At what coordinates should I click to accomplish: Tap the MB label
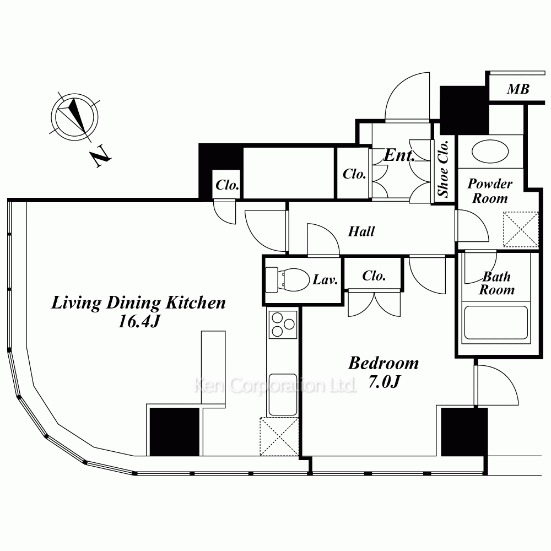pos(518,89)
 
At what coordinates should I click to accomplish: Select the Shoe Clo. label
pos(443,168)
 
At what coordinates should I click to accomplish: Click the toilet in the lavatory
pos(287,280)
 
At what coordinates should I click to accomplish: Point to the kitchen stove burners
pos(283,325)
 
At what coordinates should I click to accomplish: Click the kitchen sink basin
pos(283,395)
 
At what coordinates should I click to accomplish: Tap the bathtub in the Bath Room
pos(496,323)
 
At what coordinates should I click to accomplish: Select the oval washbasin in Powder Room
pos(490,152)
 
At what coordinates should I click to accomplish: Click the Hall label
pos(361,231)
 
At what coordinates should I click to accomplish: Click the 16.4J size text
pos(139,321)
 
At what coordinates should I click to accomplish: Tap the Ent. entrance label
pos(399,155)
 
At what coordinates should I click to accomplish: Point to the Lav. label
pos(325,280)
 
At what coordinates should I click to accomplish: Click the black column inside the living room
pos(175,432)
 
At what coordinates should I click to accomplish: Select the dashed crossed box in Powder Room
pos(521,229)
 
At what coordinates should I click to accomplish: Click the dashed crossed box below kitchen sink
pos(279,436)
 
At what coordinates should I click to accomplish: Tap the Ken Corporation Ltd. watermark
pos(275,385)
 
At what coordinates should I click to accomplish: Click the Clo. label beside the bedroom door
pos(374,276)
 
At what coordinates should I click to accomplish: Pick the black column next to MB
pos(464,110)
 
